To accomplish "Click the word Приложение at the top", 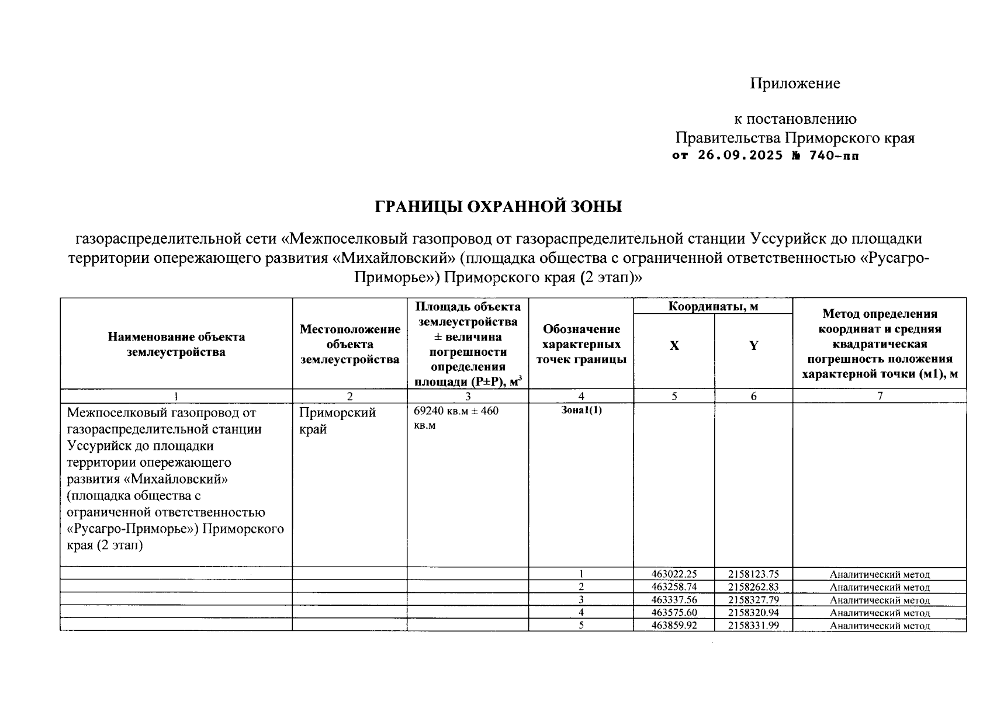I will tap(795, 84).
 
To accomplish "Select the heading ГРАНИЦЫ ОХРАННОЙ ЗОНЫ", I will tap(498, 207).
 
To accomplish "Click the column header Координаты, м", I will tap(713, 306).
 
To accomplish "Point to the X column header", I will tap(674, 346).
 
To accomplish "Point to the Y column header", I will tap(753, 346).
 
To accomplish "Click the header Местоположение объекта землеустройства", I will tap(349, 344).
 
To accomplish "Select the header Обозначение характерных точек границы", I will tap(581, 345).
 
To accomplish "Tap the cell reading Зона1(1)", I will tap(581, 410).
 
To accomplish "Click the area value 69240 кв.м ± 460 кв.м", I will tap(456, 418).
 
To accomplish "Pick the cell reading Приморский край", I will tap(337, 421).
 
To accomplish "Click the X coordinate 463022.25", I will tap(674, 574).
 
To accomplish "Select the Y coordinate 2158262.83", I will tap(753, 587).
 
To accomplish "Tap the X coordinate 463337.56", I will tap(674, 600).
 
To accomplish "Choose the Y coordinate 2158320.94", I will tap(753, 613).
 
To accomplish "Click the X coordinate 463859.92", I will tap(674, 626).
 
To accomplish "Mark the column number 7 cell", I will tap(880, 396).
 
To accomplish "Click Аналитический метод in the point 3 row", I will tap(880, 600).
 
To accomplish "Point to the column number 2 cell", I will tap(349, 396).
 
